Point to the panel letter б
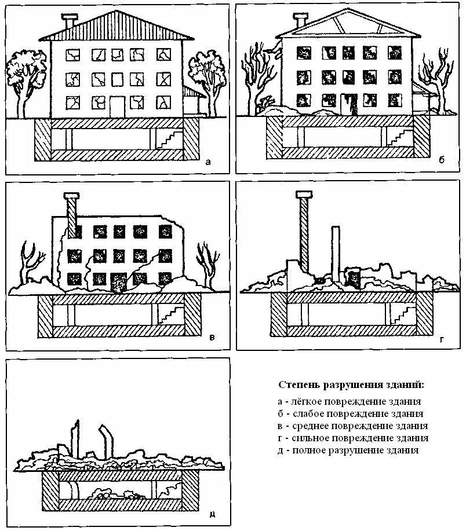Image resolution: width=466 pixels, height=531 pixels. click(x=441, y=160)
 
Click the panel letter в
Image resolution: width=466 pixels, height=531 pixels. click(x=212, y=337)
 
